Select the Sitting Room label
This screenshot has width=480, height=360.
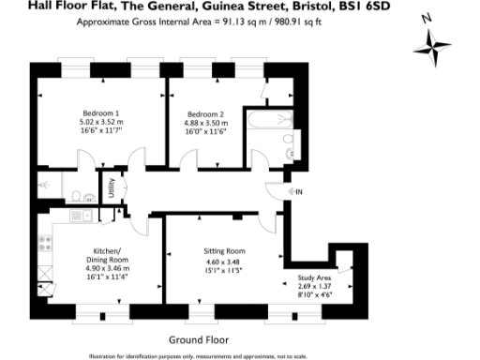coord(224,251)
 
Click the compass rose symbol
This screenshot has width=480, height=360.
coord(434,46)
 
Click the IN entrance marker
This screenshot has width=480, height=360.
coord(300,192)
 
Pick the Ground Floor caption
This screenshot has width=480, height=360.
coord(198,338)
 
